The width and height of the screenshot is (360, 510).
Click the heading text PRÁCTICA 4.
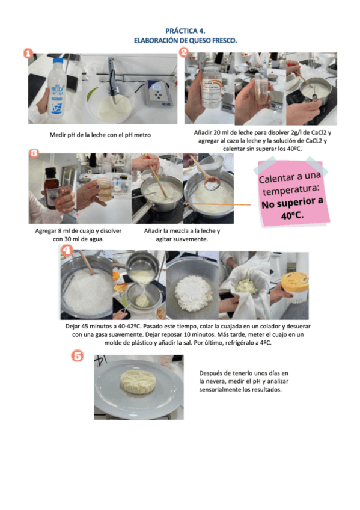pyautogui.click(x=185, y=31)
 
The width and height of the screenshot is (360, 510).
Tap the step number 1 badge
pyautogui.click(x=28, y=54)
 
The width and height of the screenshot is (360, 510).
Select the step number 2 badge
pyautogui.click(x=184, y=52)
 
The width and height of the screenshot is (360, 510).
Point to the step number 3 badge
pyautogui.click(x=34, y=153)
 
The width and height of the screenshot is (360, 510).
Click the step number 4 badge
pyautogui.click(x=67, y=250)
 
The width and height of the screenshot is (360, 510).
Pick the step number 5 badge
pyautogui.click(x=78, y=356)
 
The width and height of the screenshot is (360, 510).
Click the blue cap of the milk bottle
pyautogui.click(x=58, y=61)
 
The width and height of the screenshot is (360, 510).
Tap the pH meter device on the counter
pyautogui.click(x=158, y=93)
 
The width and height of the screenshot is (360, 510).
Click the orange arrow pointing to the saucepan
pyautogui.click(x=218, y=204)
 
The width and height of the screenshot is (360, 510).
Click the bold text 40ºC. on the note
pyautogui.click(x=293, y=215)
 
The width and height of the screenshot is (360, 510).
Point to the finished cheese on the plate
pyautogui.click(x=138, y=381)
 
